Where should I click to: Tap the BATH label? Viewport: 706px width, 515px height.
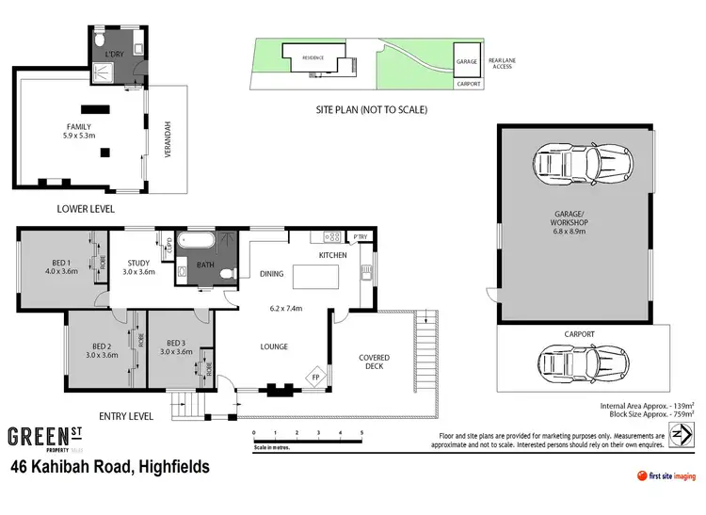pyautogui.click(x=205, y=266)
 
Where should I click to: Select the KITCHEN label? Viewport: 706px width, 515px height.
pyautogui.click(x=332, y=255)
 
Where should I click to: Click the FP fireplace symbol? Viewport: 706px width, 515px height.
pyautogui.click(x=314, y=378)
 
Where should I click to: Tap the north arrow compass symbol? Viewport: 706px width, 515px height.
pyautogui.click(x=681, y=436)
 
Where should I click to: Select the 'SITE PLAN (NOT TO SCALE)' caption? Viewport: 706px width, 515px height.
pyautogui.click(x=372, y=110)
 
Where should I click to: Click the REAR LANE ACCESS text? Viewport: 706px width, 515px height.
pyautogui.click(x=502, y=64)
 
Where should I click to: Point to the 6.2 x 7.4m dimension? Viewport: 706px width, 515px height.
pyautogui.click(x=285, y=308)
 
